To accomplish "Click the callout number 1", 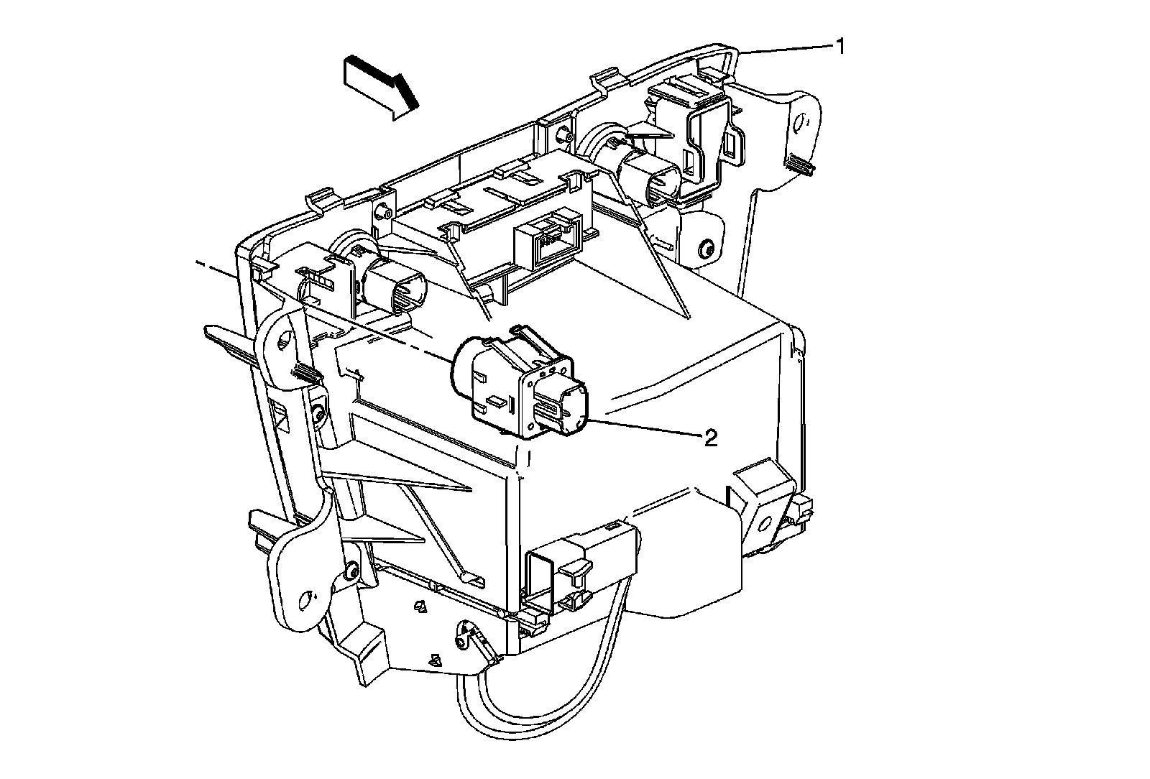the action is (839, 47).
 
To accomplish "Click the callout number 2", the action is (709, 438).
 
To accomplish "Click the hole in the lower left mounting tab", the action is (307, 597).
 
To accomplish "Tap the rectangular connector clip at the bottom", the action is (582, 561).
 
